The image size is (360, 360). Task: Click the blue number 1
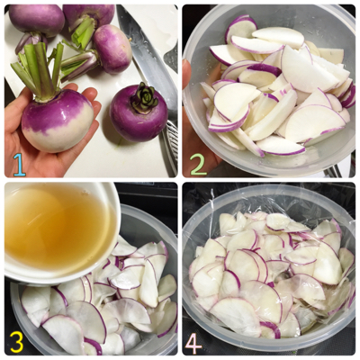click(x=19, y=165)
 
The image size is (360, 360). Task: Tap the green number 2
click(x=198, y=164)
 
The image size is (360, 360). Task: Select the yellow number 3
click(x=18, y=342)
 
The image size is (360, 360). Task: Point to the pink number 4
click(x=193, y=342)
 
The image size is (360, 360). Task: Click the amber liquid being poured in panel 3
click(x=56, y=227)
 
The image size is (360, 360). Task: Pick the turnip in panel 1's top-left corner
click(x=36, y=20)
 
